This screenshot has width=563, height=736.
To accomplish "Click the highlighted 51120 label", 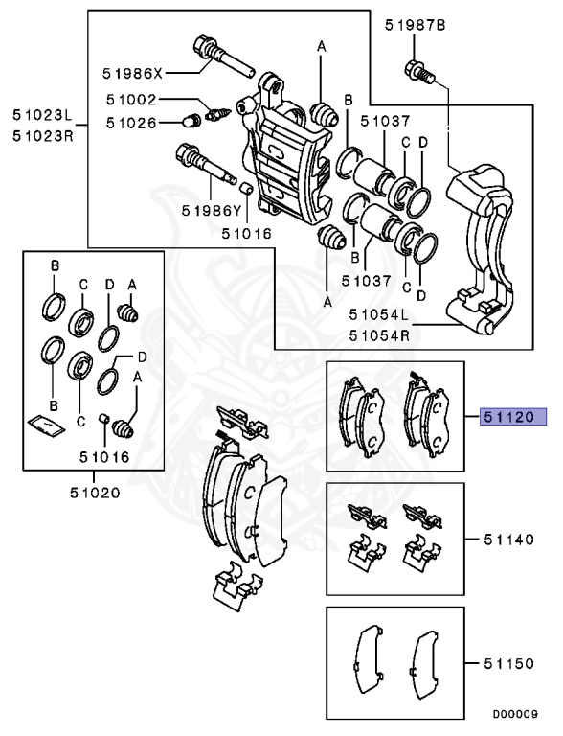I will point(513,417).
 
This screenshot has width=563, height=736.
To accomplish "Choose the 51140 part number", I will point(513,540).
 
